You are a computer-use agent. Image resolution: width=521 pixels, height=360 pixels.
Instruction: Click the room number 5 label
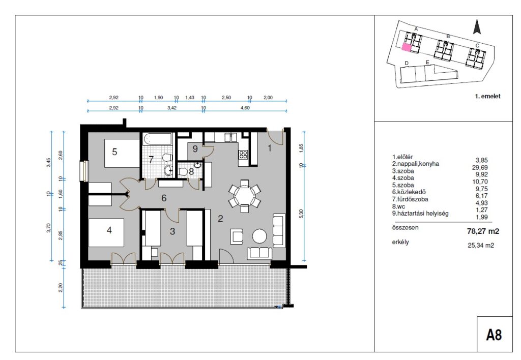(114, 152)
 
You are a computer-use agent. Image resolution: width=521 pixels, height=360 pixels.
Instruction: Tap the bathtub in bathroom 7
(158, 139)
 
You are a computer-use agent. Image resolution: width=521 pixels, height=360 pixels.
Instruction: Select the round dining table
(245, 196)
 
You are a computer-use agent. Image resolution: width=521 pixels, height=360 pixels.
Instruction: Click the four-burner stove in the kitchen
(243, 155)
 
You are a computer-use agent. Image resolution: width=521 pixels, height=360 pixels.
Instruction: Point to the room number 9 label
(195, 149)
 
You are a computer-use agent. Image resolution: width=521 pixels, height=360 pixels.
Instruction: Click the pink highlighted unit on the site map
(407, 47)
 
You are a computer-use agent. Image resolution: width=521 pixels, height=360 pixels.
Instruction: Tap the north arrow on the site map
(477, 26)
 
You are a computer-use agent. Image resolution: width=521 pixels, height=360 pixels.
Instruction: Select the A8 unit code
(494, 335)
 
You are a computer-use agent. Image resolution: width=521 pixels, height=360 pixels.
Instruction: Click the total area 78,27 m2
(483, 231)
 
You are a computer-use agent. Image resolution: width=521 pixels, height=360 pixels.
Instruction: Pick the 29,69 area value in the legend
(480, 167)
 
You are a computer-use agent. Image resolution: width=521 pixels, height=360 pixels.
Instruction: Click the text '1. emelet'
(487, 96)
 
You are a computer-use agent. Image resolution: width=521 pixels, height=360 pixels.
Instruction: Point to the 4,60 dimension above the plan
(245, 108)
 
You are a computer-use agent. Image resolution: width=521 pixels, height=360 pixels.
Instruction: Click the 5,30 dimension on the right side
(301, 213)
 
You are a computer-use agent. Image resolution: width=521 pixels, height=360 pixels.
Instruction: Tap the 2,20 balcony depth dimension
(61, 288)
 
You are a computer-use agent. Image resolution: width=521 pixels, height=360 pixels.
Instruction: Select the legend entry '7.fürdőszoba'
(411, 199)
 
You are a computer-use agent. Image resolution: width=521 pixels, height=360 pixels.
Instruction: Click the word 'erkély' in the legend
(400, 242)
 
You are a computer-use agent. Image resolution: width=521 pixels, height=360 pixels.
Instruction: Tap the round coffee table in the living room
(259, 236)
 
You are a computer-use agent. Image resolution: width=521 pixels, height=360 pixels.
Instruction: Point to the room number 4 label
(109, 230)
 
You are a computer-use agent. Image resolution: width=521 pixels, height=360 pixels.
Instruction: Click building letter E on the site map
(427, 63)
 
